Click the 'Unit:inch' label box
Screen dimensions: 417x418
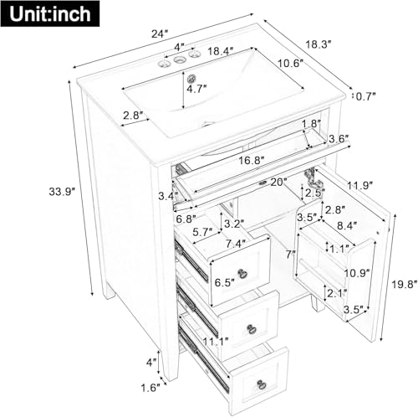(48, 13)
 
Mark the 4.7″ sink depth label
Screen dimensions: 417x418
(197, 88)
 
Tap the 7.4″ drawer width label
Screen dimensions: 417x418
(237, 243)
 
